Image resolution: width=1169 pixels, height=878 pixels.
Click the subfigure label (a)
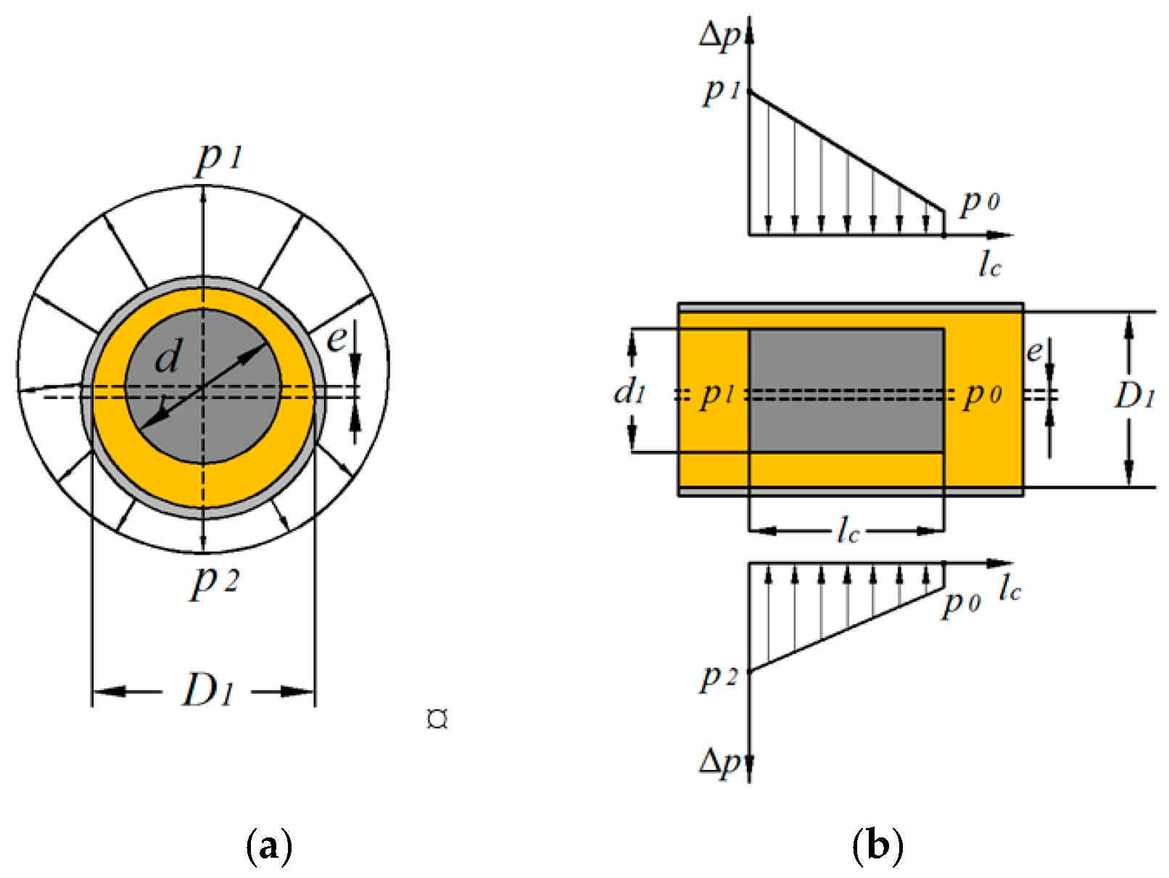point(269,845)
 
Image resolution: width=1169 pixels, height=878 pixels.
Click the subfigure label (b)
point(877,845)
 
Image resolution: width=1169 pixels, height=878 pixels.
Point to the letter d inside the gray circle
point(168,357)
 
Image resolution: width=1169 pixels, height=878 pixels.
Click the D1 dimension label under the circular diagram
point(209,689)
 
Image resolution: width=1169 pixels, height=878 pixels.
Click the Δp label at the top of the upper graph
point(720,35)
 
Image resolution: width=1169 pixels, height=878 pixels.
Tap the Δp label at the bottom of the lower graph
point(720,762)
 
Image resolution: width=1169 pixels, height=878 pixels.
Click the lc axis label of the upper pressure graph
point(989,265)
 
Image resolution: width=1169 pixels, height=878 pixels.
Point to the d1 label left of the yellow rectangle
point(629,392)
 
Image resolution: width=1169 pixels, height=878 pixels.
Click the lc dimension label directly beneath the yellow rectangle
point(847,531)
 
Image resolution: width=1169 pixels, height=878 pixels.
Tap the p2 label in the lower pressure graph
point(719,677)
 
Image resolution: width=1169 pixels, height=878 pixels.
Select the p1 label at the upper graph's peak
point(721,91)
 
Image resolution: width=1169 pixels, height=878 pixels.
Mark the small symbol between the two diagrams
point(437,719)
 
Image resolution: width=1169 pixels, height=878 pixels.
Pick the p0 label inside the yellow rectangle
point(983,395)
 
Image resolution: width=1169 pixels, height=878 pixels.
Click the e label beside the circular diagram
point(335,338)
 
